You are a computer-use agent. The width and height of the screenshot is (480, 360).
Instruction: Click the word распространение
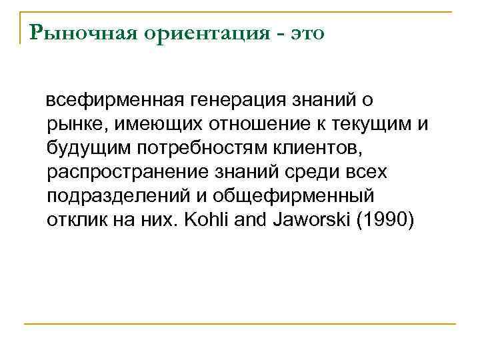pos(129,172)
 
